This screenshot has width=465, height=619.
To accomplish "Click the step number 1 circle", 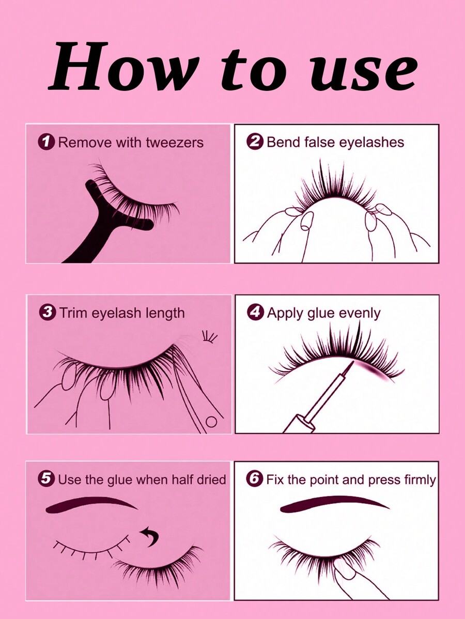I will (x=48, y=142).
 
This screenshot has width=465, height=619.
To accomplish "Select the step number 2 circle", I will (x=256, y=142).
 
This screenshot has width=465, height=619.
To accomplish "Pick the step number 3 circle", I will (x=48, y=312).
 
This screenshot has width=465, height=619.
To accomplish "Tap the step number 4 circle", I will (x=256, y=313).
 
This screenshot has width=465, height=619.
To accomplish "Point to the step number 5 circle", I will (x=47, y=479).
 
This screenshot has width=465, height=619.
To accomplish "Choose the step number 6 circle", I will (x=255, y=479).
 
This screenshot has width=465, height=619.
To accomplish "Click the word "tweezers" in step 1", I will (x=174, y=143).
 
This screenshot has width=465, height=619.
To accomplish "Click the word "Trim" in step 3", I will (x=73, y=313).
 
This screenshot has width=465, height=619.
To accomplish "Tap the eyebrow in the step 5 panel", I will (x=90, y=503).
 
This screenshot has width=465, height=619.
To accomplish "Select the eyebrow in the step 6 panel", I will (x=333, y=504).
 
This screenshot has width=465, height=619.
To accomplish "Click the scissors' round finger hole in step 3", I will (x=211, y=422).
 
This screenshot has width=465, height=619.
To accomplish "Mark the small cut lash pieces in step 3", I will (x=210, y=337).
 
